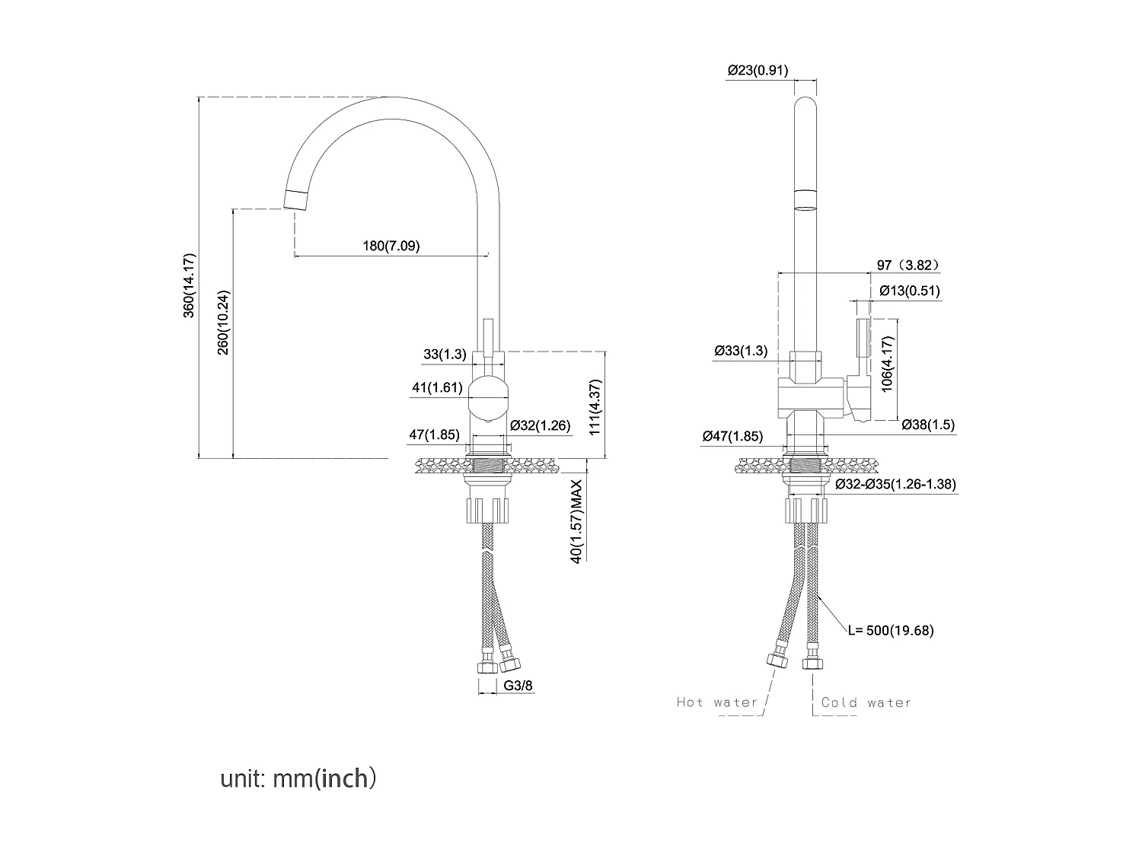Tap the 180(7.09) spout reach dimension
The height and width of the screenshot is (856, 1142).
pyautogui.click(x=391, y=246)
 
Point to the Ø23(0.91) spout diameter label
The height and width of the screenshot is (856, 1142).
pyautogui.click(x=758, y=71)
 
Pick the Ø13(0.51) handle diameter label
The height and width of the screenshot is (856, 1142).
pyautogui.click(x=909, y=291)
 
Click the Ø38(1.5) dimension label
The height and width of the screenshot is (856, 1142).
pyautogui.click(x=927, y=425)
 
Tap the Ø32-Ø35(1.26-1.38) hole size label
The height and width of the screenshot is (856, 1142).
pyautogui.click(x=895, y=484)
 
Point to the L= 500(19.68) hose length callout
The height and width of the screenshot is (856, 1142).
pyautogui.click(x=891, y=630)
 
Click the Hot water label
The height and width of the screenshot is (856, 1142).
pyautogui.click(x=717, y=702)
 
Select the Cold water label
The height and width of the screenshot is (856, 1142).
pyautogui.click(x=866, y=702)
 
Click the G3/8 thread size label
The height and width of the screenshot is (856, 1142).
pyautogui.click(x=518, y=686)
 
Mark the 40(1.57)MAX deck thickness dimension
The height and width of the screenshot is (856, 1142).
pyautogui.click(x=576, y=520)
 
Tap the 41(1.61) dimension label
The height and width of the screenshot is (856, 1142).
pyautogui.click(x=437, y=387)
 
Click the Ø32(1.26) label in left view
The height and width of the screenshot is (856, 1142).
pyautogui.click(x=540, y=425)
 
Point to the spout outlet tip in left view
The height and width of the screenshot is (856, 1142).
pyautogui.click(x=295, y=199)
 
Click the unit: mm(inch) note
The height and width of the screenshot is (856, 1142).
pyautogui.click(x=298, y=778)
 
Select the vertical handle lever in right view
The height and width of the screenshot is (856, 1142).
pyautogui.click(x=863, y=339)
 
